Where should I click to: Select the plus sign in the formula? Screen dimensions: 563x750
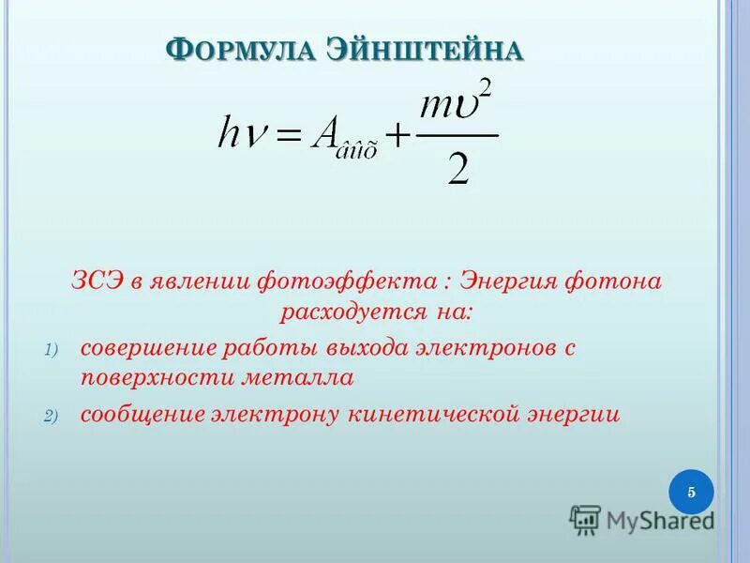point(398,138)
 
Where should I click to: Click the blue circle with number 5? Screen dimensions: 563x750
point(691,493)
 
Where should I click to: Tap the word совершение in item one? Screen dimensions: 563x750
point(147,348)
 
